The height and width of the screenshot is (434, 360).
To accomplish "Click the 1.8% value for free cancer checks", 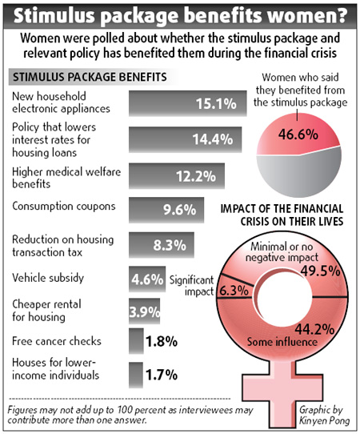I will coord(162,341).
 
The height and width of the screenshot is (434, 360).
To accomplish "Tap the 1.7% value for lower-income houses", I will coord(162,372).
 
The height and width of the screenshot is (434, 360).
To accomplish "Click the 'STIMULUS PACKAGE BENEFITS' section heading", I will coord(88,78).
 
